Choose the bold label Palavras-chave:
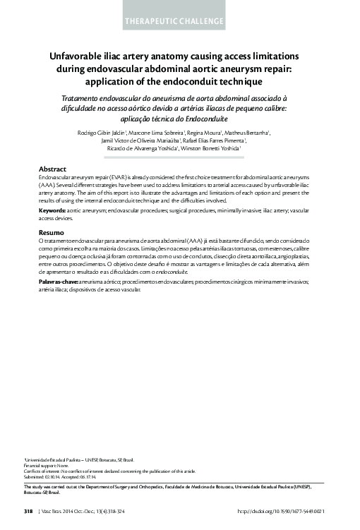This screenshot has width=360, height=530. click(58, 281)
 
